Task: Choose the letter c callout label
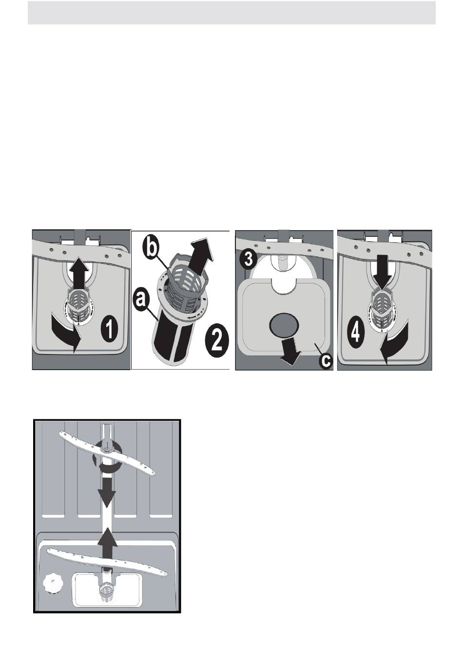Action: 324,361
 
